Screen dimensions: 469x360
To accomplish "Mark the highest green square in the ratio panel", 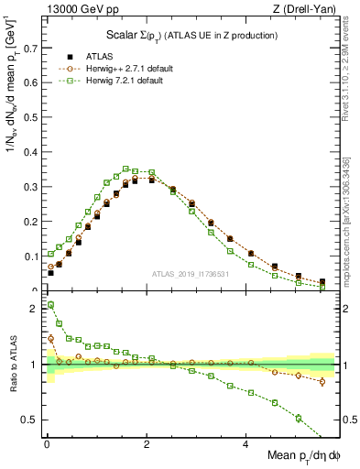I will click(x=51, y=304).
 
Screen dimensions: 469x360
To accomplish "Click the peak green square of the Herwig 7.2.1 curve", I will click(x=126, y=169).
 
